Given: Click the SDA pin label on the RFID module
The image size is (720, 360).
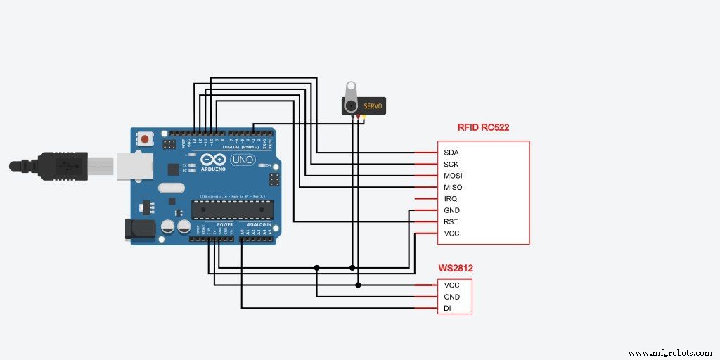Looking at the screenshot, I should pos(451,152).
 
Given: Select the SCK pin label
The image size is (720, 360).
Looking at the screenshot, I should pos(451,164).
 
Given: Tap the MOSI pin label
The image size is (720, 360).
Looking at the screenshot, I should pos(453,175).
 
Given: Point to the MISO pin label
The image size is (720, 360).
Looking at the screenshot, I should pos(453,187).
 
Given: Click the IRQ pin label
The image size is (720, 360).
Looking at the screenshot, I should pos(451,199).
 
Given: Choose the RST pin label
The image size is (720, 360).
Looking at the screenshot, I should pos(451,221).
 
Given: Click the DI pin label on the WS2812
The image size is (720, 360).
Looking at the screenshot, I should pos(447,308).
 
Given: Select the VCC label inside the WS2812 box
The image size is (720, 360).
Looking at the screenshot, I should pos(451,285).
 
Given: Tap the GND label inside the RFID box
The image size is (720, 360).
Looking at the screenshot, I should pos(451,210).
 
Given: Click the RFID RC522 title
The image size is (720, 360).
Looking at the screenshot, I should pos(483,128).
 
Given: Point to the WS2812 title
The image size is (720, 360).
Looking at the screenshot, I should pos(455,269).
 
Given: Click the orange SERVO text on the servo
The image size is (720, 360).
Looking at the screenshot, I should pos(373,106).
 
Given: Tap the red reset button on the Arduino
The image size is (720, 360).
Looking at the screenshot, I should pos(146,139).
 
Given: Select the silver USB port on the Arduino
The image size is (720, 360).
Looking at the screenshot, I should pos(131,167).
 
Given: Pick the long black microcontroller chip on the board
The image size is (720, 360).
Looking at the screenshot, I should pos(232,210).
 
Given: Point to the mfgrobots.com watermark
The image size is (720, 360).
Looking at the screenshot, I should pos(669,352).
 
